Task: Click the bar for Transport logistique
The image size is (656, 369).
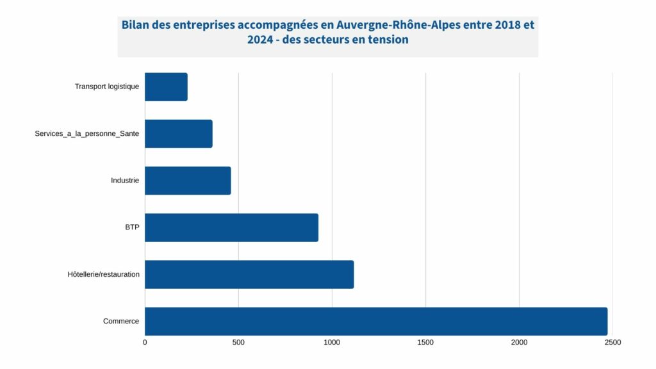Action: click(x=166, y=87)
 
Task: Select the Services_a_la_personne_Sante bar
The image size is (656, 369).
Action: click(x=179, y=134)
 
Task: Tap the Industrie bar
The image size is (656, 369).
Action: click(x=188, y=181)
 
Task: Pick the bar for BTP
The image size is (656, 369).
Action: click(x=231, y=227)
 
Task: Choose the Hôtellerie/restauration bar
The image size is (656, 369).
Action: click(x=249, y=274)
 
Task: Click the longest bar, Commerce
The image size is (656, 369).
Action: click(x=376, y=321)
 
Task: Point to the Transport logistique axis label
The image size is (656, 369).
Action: click(x=106, y=87)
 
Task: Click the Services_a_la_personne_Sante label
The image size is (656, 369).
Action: click(x=86, y=134)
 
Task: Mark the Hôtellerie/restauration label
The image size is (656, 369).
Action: click(x=103, y=274)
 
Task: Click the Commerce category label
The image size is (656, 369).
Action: click(x=120, y=321)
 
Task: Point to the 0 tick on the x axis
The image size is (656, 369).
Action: click(x=145, y=343)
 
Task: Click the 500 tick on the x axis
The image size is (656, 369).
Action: click(x=238, y=343)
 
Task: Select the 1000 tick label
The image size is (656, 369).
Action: click(x=332, y=343)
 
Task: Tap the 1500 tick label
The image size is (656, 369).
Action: click(x=425, y=343)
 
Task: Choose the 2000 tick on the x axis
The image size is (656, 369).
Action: click(x=519, y=343)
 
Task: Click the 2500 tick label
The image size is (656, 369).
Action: click(x=612, y=343)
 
